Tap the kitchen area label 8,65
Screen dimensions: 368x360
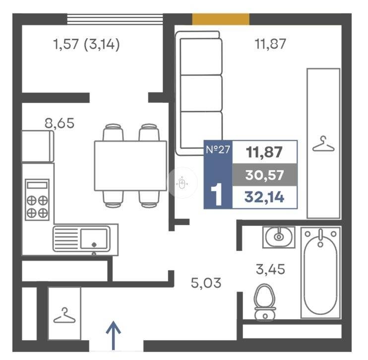pos(60,123)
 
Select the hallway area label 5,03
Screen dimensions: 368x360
pos(206,283)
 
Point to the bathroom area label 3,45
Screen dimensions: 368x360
pos(270,269)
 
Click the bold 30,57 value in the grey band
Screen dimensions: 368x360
pos(264,175)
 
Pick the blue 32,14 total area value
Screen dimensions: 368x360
pos(264,197)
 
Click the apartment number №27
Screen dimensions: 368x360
pos(218,149)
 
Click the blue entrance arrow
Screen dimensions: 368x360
pos(114,336)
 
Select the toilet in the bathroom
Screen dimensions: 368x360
pos(265,302)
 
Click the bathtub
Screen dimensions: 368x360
pos(320,273)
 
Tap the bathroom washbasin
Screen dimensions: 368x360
pos(279,237)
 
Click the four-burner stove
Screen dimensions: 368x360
pos(37,200)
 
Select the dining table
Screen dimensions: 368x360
pos(130,166)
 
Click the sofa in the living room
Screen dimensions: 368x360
pos(199,93)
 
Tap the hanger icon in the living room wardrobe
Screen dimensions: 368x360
pos(323,144)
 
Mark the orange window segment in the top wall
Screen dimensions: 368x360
pos(221,19)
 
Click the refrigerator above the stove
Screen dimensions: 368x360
pos(38,146)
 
